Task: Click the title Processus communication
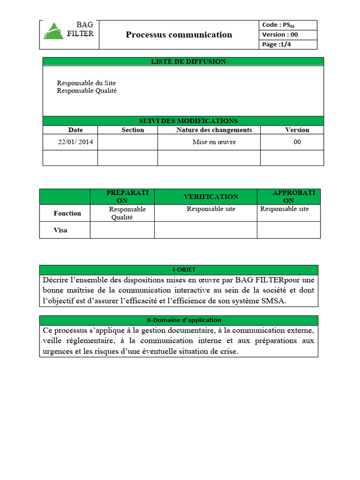179,35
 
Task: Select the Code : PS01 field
278,25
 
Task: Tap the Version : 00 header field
280,35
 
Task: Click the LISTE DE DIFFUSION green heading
183,61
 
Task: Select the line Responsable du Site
86,83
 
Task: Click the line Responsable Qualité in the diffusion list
87,91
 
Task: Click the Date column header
75,130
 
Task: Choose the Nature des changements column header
214,130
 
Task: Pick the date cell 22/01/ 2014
75,142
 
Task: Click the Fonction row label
67,213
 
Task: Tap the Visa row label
60,230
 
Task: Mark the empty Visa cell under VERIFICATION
205,230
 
